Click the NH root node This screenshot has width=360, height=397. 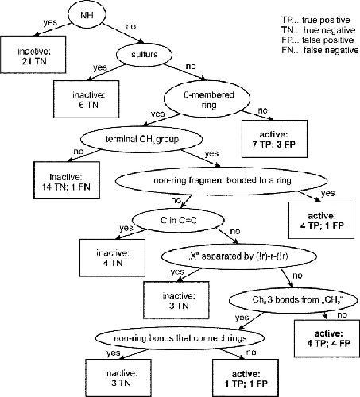coord(87,14)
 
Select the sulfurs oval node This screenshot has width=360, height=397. coord(145,54)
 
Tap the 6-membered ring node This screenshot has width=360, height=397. coord(207,98)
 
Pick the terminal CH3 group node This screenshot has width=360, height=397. coord(141,139)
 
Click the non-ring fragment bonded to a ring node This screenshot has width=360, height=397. coord(222,180)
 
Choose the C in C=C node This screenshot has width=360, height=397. coord(178,220)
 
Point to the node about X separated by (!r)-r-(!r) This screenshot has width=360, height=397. coord(239,256)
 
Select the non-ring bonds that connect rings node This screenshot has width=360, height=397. coord(180,338)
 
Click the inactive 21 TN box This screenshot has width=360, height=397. coord(33,55)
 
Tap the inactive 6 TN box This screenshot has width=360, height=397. coord(87,99)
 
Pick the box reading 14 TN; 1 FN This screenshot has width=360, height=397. coord(67,180)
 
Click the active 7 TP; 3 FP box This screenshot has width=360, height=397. coord(274,139)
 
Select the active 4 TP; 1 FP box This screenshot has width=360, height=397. coord(321,221)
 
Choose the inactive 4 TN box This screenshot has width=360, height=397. coord(113,258)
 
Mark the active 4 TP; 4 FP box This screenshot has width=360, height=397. coord(327,338)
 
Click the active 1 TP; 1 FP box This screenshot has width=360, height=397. coord(246,378)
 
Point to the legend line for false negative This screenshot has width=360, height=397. coord(320,50)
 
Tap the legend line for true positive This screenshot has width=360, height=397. coord(315,20)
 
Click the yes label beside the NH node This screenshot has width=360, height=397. coord(50,23)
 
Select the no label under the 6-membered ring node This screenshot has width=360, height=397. coord(262,110)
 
